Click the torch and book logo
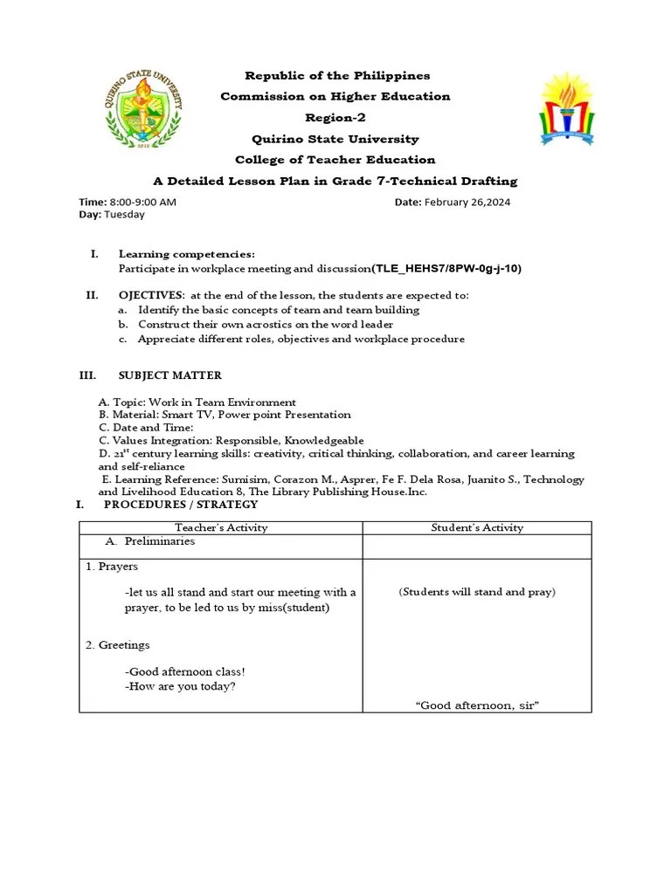point(566,109)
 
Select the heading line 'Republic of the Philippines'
point(337,76)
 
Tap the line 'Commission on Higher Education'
point(335,97)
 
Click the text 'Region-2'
point(335,118)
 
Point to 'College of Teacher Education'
point(335,160)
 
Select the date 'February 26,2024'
point(467,202)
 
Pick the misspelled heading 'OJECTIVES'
point(151,295)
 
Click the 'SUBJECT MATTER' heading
point(170,375)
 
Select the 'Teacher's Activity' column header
point(221,527)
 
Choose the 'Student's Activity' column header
point(477,527)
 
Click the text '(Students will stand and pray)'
point(477,592)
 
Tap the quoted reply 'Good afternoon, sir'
point(477,705)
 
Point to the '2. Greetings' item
point(118,645)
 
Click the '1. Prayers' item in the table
point(112,567)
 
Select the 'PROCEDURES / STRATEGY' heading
point(181,505)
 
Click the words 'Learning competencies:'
point(187,254)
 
